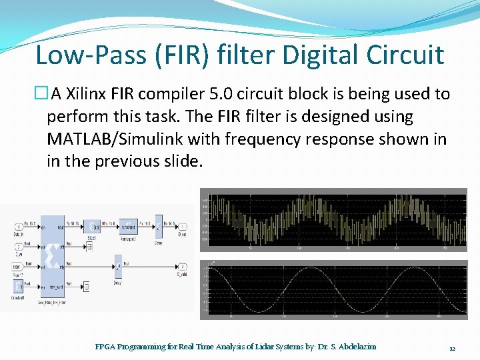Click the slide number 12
(x=452, y=347)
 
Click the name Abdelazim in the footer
(x=357, y=347)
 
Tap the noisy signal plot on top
(x=333, y=219)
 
